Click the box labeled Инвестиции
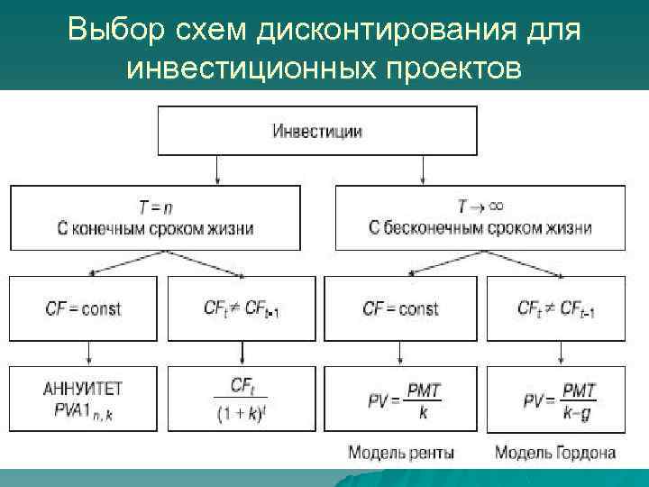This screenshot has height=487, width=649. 317,131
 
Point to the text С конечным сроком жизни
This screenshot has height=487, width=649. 158,228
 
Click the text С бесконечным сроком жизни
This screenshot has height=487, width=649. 480,228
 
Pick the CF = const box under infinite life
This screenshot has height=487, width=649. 400,308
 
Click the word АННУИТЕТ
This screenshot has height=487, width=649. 83,390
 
